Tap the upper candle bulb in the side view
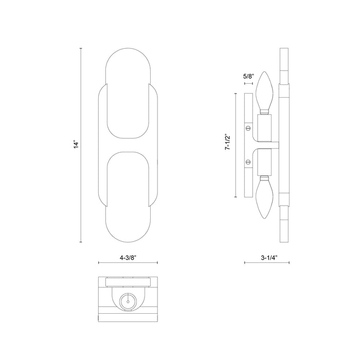pyautogui.click(x=265, y=91)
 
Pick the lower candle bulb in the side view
pyautogui.click(x=265, y=197)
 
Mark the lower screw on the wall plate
pyautogui.click(x=248, y=162)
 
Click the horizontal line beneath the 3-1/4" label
pyautogui.click(x=266, y=263)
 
